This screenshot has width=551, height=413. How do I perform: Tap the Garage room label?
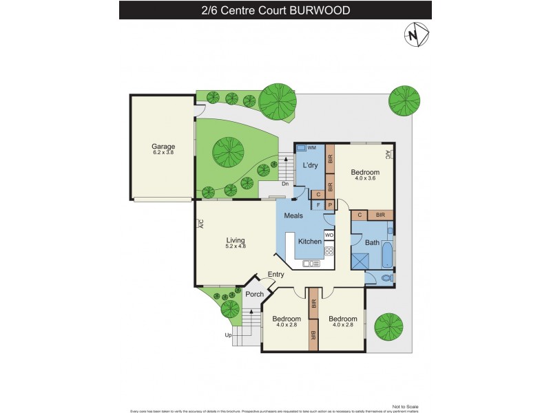pyautogui.click(x=163, y=146)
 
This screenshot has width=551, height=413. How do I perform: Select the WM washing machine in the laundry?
pyautogui.click(x=306, y=149)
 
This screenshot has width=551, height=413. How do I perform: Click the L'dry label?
pyautogui.click(x=309, y=167)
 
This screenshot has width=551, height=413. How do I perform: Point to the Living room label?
pyautogui.click(x=236, y=240)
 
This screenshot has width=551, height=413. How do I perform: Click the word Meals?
pyautogui.click(x=294, y=215)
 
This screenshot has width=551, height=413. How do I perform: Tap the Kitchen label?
pyautogui.click(x=310, y=241)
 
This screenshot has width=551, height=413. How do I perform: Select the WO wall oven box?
pyautogui.click(x=329, y=235)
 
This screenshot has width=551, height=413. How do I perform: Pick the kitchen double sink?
pyautogui.click(x=311, y=263)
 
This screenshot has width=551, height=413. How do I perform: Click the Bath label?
pyautogui.click(x=371, y=242)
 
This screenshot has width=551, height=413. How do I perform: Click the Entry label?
pyautogui.click(x=275, y=275)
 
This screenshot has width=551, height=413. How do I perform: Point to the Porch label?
pyautogui.click(x=254, y=295)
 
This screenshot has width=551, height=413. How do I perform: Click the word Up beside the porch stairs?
pyautogui.click(x=228, y=335)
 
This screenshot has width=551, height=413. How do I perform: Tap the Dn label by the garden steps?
pyautogui.click(x=284, y=184)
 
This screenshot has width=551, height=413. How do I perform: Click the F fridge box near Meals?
pyautogui.click(x=318, y=204)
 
